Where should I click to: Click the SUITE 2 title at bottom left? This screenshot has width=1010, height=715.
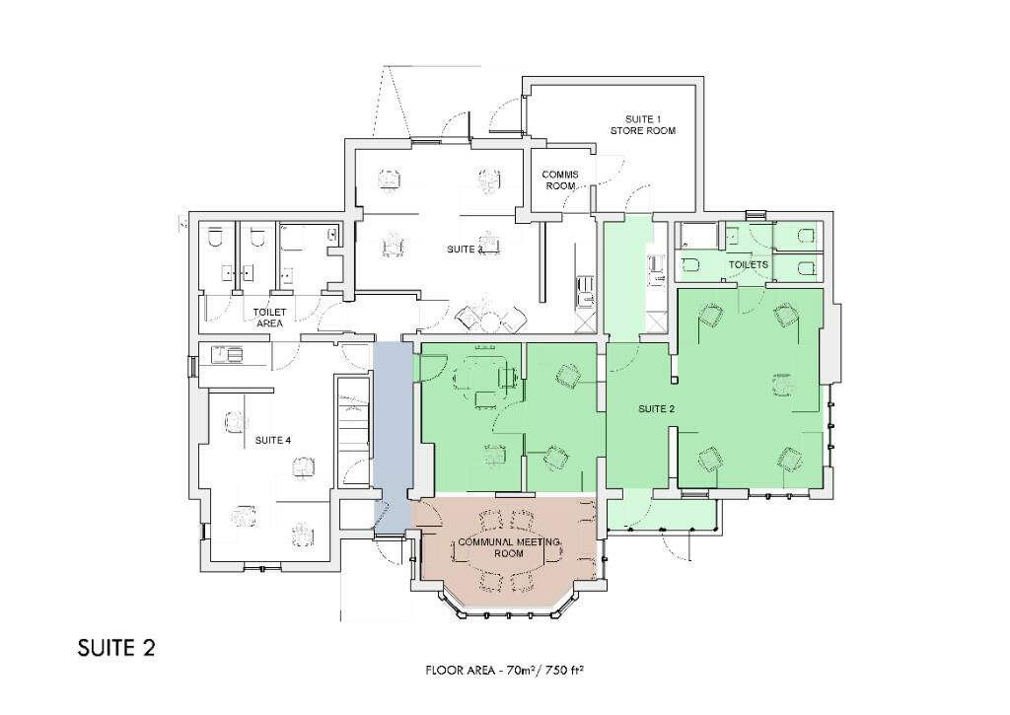click(116, 647)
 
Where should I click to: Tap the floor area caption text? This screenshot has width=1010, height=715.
click(504, 671)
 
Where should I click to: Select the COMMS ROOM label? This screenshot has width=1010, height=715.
click(560, 179)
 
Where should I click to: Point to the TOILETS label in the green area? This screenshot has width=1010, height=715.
click(748, 264)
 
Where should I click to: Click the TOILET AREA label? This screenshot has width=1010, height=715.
click(270, 318)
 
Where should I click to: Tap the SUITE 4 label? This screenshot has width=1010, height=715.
click(273, 441)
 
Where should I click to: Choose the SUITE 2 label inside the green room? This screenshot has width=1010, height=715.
click(656, 409)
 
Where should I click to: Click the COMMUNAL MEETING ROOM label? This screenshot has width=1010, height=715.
click(509, 547)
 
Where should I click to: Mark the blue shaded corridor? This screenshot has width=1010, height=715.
click(393, 438)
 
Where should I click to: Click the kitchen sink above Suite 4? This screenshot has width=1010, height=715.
click(230, 354)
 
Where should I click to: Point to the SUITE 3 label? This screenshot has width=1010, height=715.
click(465, 250)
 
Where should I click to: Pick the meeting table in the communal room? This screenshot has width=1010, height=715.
click(509, 547)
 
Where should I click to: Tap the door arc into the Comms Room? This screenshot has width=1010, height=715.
click(576, 196)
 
